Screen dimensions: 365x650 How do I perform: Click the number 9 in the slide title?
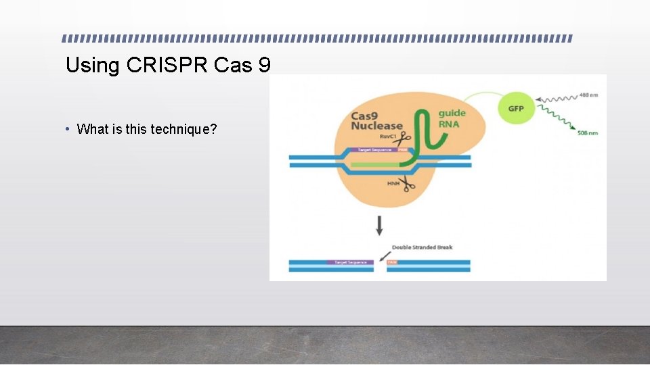point(264,66)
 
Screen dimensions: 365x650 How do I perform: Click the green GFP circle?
point(515,108)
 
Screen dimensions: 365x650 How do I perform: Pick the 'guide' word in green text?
point(452,113)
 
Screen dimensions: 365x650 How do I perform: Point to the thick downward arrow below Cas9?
point(379,226)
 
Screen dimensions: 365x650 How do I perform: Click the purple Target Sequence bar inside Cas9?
point(372,149)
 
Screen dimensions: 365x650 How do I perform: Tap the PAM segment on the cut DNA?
point(393,262)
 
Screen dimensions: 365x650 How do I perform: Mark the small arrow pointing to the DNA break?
point(385,255)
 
